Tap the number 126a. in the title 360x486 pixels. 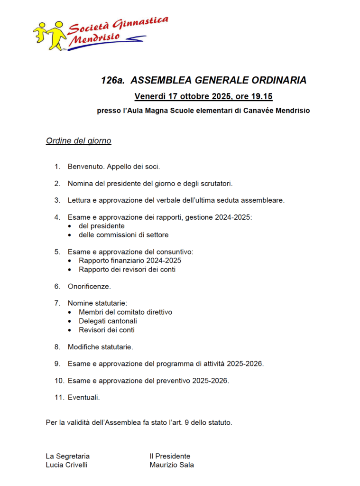point(112,80)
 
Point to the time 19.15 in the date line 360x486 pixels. point(261,97)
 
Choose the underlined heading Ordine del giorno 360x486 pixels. point(78,141)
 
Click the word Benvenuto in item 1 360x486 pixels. point(86,167)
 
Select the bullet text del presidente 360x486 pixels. point(102,226)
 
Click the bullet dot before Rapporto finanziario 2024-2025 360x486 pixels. point(70,261)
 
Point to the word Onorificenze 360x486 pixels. point(89,287)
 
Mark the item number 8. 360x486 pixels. point(57,347)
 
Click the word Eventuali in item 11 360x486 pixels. point(83,398)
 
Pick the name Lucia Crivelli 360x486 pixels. point(66,465)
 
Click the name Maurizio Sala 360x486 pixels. point(172,465)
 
